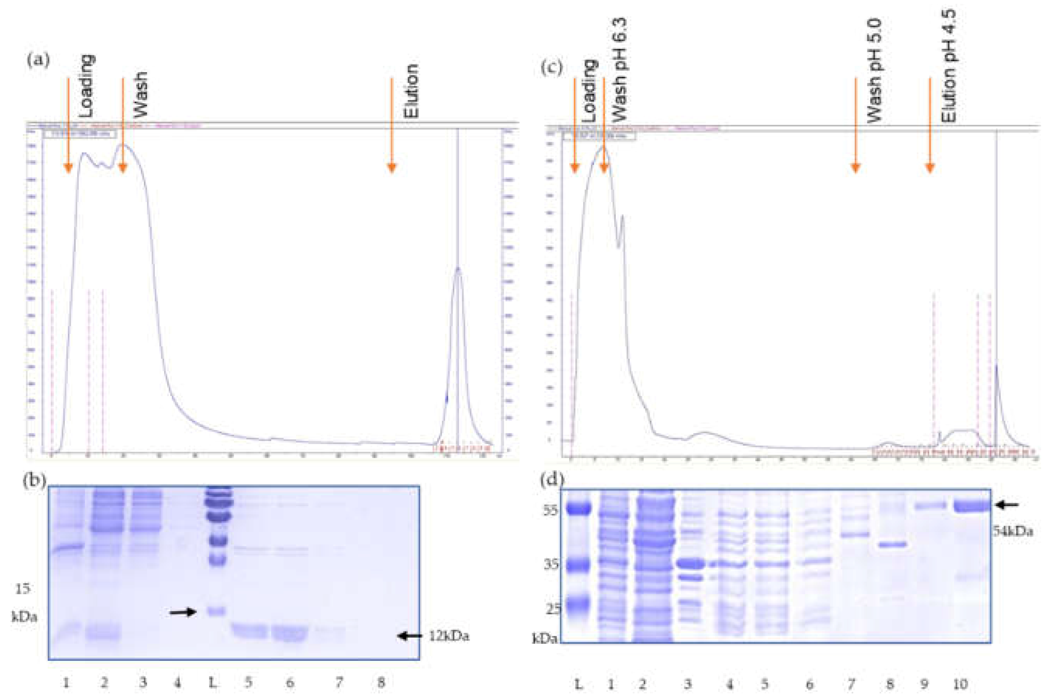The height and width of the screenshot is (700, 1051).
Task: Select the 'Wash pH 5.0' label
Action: coord(874,71)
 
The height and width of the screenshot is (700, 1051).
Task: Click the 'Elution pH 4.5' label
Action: coord(949,67)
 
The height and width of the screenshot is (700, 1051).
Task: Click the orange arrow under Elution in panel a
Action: coord(392,125)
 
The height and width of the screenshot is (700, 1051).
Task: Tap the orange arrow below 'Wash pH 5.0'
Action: coord(855,125)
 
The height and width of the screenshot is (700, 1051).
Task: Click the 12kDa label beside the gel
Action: coord(449,636)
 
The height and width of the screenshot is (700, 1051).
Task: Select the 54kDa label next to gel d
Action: coord(1013,531)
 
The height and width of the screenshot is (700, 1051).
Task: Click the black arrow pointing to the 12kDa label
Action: coord(410,636)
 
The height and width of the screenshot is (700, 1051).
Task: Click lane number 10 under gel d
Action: coord(960,684)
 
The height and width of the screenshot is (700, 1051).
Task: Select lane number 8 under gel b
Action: coord(381,682)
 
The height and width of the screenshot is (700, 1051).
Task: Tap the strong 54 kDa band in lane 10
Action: coord(971,506)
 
